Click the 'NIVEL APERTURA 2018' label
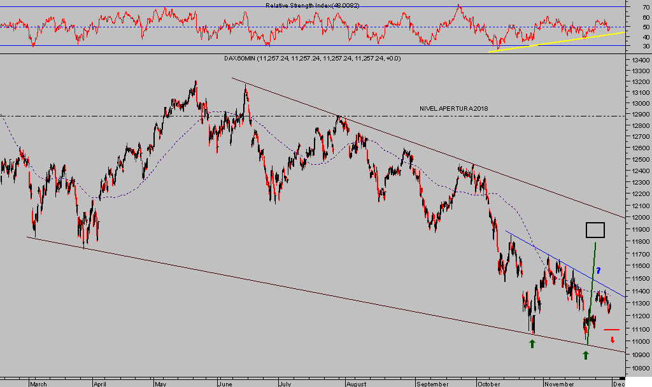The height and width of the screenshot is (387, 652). (453, 109)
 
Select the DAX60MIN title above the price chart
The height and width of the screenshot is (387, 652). (312, 59)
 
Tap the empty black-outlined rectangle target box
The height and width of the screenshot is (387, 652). (595, 230)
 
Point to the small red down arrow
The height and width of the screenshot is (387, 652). (613, 340)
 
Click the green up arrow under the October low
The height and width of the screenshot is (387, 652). (532, 344)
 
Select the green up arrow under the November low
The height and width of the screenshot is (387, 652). (586, 355)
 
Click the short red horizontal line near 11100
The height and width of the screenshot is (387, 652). (611, 330)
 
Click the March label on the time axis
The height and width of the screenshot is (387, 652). (39, 384)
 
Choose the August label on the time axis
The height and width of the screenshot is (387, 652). (357, 384)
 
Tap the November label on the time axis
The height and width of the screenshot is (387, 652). (560, 384)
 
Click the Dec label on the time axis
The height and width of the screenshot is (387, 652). (618, 384)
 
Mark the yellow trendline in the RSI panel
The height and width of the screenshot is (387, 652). (554, 41)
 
